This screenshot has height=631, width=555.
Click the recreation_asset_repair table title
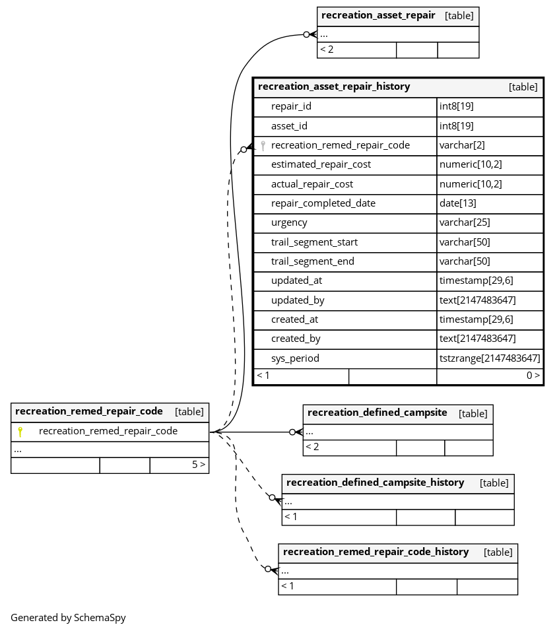tap(378, 15)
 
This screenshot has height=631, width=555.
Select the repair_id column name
tap(291, 106)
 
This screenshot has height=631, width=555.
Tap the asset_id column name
tap(289, 126)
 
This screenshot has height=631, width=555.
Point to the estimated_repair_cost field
tap(321, 164)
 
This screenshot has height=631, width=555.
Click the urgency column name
tap(289, 222)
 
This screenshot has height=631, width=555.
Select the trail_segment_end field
tap(312, 261)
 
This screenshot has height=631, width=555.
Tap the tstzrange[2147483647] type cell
tap(490, 358)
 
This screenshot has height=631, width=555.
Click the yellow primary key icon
tap(20, 432)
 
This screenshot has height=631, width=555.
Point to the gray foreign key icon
tap(263, 146)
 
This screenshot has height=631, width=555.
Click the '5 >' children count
tap(199, 465)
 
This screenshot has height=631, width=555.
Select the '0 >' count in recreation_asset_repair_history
tap(533, 376)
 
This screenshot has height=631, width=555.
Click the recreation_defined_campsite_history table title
tap(375, 482)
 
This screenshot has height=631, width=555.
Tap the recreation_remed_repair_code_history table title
tap(376, 552)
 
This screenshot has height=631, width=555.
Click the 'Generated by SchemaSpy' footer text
tap(68, 618)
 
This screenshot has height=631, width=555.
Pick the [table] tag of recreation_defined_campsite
tap(473, 413)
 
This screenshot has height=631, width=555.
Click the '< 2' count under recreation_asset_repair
tap(327, 50)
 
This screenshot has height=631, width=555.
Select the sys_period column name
tap(295, 358)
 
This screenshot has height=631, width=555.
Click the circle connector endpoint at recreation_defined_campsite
tap(292, 432)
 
